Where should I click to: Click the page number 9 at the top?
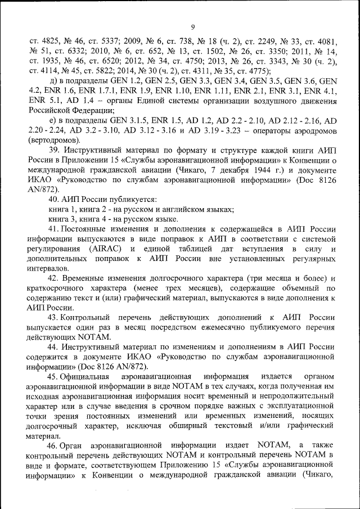(192, 27)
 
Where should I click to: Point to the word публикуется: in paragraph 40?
(132, 199)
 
